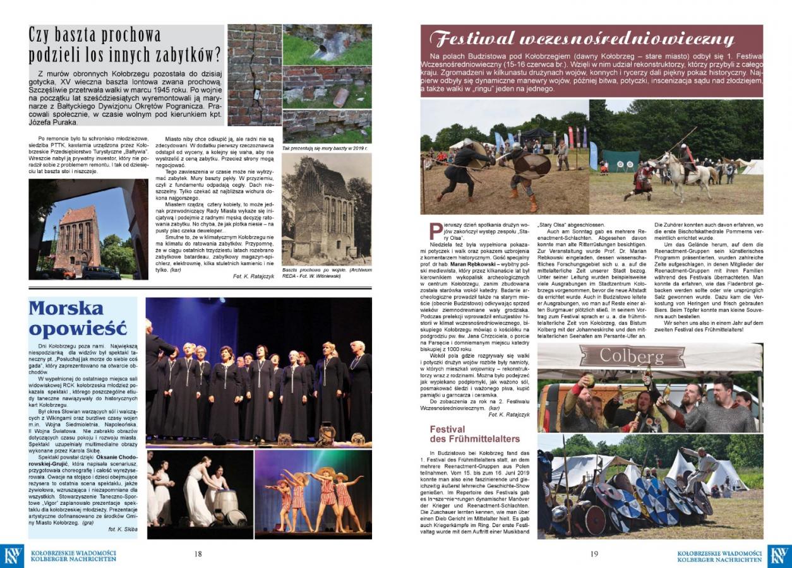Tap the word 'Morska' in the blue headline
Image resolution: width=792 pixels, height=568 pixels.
[x=66, y=309]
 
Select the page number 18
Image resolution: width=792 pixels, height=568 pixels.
[x=198, y=554]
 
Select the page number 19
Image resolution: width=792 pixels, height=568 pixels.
[x=594, y=554]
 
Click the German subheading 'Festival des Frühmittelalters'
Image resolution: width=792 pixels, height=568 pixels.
[x=474, y=434]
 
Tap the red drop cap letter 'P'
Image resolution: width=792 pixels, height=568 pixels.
[x=434, y=232]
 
